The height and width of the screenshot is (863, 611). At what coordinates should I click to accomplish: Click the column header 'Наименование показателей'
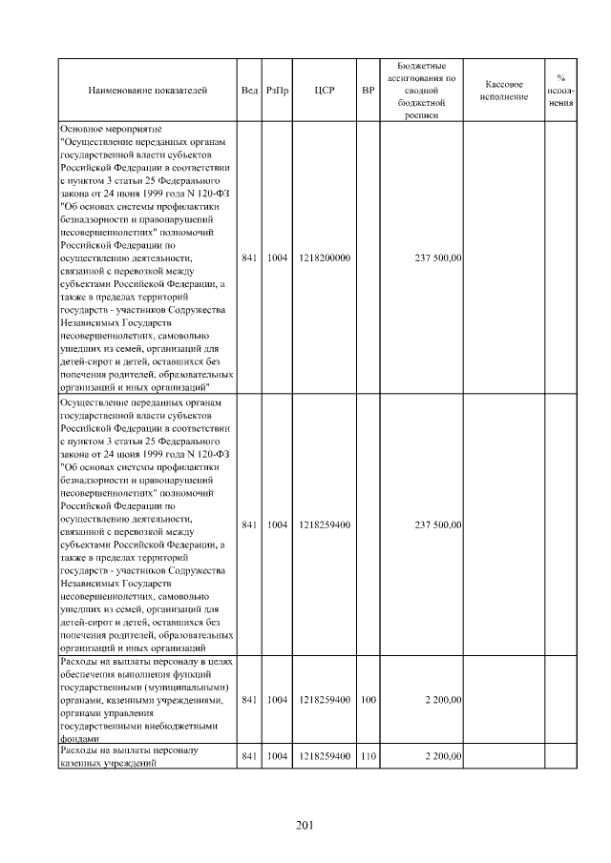(x=147, y=91)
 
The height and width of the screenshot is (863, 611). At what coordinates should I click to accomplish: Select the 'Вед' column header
(x=249, y=91)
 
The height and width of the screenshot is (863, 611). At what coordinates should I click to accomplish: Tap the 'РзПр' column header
(x=277, y=91)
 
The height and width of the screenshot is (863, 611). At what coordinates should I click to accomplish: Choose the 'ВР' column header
(x=368, y=91)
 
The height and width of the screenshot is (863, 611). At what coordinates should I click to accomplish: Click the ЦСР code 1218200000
(x=325, y=257)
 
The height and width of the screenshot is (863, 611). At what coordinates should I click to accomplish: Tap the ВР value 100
(x=368, y=700)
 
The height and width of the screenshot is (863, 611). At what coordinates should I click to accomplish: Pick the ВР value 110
(x=368, y=756)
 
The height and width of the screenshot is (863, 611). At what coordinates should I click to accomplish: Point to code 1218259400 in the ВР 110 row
(x=325, y=756)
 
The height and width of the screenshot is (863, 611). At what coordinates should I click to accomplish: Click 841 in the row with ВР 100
(x=249, y=700)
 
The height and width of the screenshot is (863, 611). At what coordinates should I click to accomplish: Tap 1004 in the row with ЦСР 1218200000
(x=277, y=257)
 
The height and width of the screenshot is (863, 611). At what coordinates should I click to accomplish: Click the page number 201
(x=305, y=825)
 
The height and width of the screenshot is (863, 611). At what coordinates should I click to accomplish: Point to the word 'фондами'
(x=77, y=738)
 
